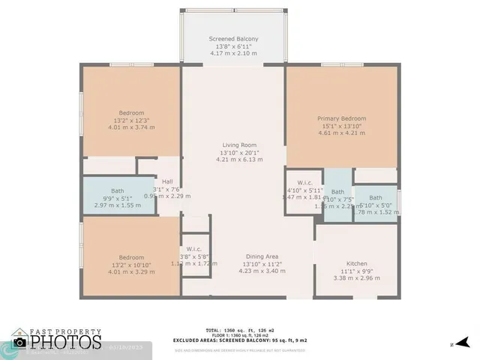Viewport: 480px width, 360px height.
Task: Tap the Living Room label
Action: coord(238,145)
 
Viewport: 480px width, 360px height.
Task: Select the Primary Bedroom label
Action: coord(341,118)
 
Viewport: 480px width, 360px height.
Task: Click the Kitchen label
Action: coord(356,263)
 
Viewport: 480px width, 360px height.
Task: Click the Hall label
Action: coord(167,181)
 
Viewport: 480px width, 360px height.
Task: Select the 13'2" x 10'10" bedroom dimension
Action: coord(131,263)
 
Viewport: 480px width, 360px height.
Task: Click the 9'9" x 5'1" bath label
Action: coord(118,198)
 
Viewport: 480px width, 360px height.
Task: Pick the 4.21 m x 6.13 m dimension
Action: coord(238,159)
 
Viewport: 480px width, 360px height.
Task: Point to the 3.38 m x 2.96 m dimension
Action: coord(356,278)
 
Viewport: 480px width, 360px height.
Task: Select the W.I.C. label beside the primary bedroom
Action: coord(304,181)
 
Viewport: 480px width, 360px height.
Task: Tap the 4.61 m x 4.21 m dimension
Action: coord(341,133)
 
